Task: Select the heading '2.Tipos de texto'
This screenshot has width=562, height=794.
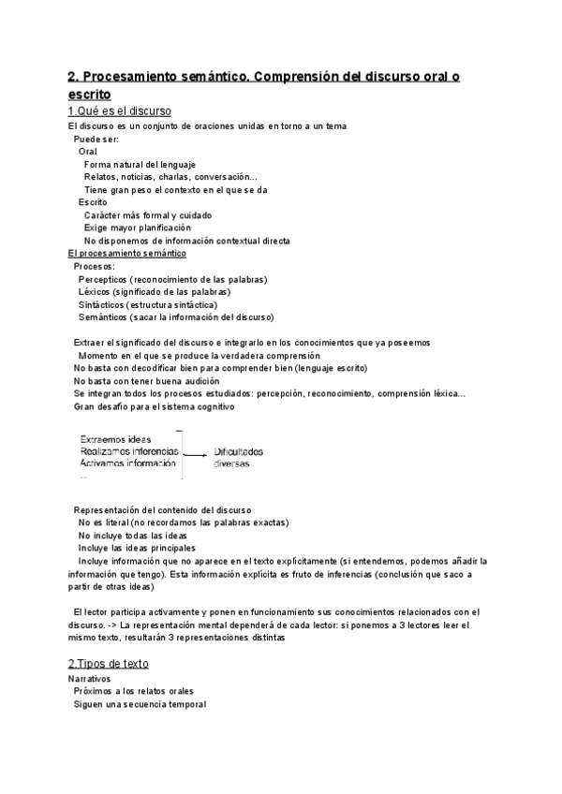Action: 108,664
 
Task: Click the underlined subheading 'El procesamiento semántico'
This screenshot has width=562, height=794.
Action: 127,254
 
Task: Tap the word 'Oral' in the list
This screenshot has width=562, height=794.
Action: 88,152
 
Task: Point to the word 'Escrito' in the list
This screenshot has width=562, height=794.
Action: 93,202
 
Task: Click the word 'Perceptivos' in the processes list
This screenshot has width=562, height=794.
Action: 103,279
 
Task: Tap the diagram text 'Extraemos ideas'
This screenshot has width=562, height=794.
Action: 116,439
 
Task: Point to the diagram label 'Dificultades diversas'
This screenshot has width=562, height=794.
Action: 239,457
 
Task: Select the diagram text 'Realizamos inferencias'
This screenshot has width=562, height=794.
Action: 129,451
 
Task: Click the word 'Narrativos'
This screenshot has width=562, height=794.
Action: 90,679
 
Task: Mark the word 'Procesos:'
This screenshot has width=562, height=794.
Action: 95,266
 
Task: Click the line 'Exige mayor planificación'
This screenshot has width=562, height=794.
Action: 137,228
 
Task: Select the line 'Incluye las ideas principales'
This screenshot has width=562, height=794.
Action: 138,547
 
